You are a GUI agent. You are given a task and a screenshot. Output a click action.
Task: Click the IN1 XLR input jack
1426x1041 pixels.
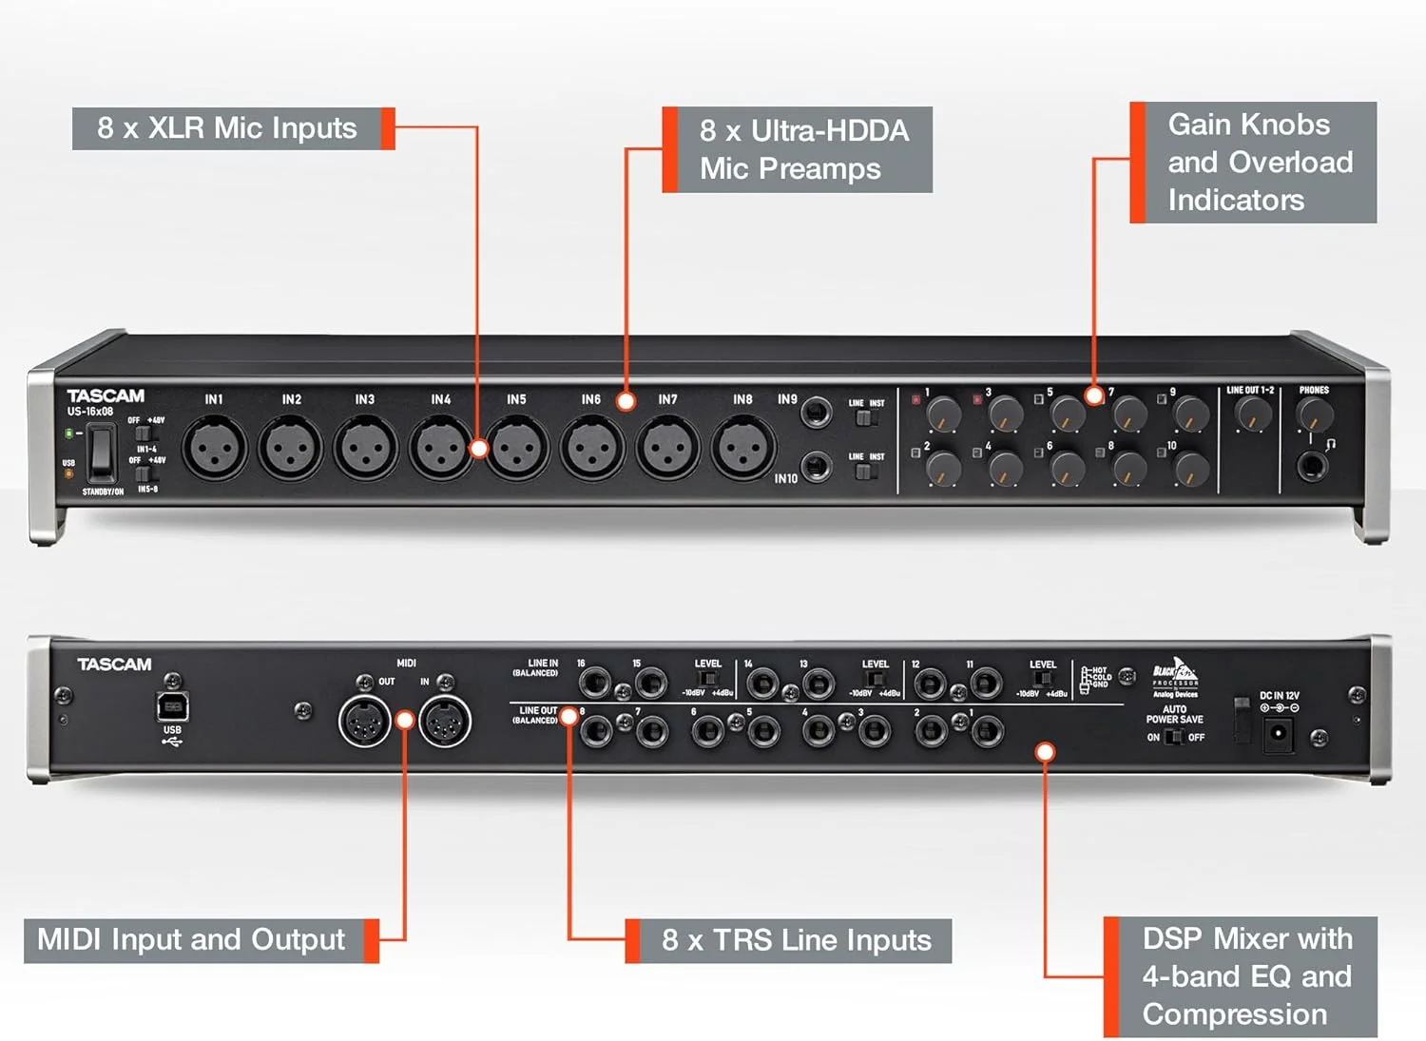click(x=214, y=449)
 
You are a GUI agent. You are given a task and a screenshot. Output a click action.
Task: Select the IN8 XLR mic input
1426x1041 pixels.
click(x=743, y=449)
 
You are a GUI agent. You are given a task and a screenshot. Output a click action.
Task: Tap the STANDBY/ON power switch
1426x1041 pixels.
click(x=102, y=454)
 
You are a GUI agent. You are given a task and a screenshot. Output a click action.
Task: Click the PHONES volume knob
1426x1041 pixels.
click(x=1315, y=415)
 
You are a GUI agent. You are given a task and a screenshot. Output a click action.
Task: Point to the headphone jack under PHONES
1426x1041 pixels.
click(x=1313, y=466)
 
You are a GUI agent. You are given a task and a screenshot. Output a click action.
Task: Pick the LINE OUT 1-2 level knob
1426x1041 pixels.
click(x=1252, y=414)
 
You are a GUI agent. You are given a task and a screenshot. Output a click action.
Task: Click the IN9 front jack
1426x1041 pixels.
click(x=816, y=414)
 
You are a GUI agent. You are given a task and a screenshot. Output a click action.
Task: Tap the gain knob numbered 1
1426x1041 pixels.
click(x=943, y=414)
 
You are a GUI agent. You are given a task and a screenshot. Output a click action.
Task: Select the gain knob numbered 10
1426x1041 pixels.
click(x=1190, y=469)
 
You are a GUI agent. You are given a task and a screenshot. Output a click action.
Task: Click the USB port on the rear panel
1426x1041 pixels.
click(x=172, y=707)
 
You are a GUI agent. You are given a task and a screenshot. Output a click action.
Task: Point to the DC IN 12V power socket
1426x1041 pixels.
click(x=1279, y=733)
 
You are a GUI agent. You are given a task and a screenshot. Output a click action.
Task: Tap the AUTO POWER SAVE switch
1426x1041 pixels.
click(x=1174, y=738)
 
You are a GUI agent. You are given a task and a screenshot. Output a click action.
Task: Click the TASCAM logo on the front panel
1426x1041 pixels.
click(x=106, y=395)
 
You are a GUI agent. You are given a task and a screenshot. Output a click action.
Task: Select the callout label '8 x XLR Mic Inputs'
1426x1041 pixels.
click(x=227, y=128)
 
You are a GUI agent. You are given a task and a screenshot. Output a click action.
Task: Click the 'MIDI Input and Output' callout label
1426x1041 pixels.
click(x=192, y=939)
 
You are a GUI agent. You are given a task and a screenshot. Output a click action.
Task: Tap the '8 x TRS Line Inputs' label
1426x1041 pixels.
click(x=796, y=940)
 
